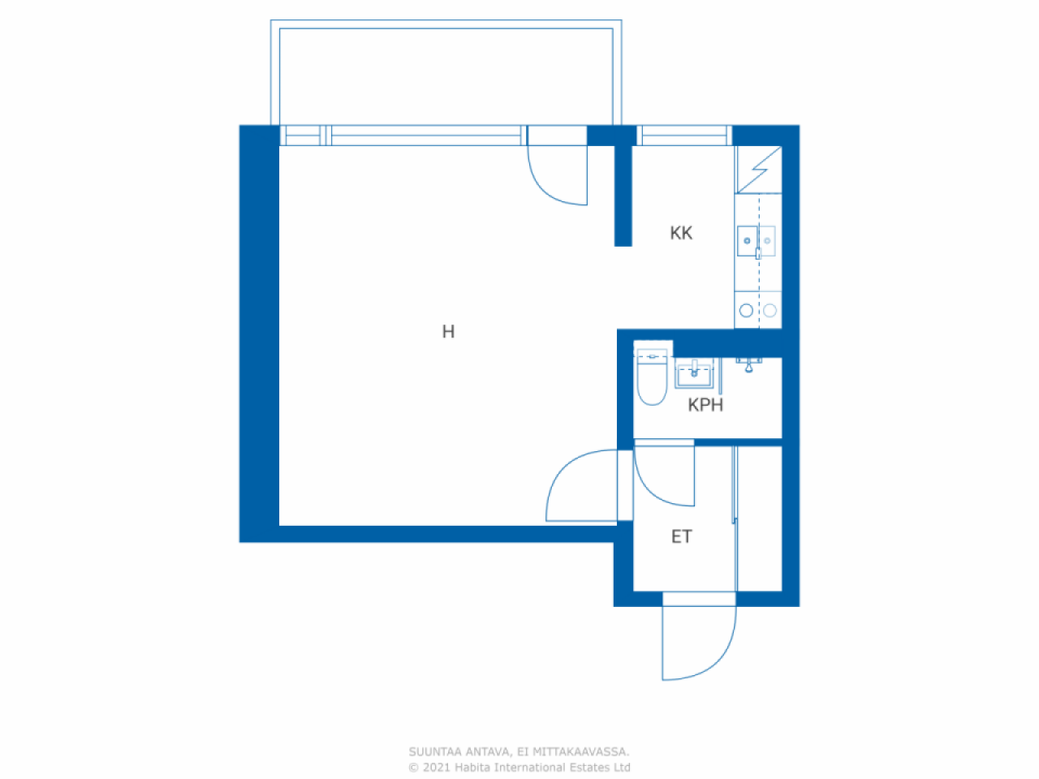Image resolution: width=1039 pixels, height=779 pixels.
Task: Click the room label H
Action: point(448,331)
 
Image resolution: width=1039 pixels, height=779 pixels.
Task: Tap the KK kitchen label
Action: point(681,234)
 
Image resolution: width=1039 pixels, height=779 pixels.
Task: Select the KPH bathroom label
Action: point(705,405)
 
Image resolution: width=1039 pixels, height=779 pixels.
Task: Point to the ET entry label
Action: point(681,536)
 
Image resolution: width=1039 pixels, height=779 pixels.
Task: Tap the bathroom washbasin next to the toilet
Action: point(694,376)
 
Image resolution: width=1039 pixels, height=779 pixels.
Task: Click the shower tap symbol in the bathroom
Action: point(748,364)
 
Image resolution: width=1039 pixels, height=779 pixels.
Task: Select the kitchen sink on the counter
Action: point(757,241)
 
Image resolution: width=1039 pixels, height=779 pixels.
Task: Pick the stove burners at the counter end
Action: point(757,310)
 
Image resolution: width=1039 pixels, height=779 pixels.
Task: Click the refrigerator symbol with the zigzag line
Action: point(758,170)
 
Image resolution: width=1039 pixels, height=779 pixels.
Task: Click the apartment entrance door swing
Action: point(699,641)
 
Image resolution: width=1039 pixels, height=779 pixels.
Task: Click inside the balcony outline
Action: point(446,77)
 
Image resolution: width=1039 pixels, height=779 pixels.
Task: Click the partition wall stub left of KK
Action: point(623,195)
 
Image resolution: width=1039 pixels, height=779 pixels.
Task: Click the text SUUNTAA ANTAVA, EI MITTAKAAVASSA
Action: point(519,752)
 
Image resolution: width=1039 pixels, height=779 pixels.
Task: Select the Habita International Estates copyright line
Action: point(519,768)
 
